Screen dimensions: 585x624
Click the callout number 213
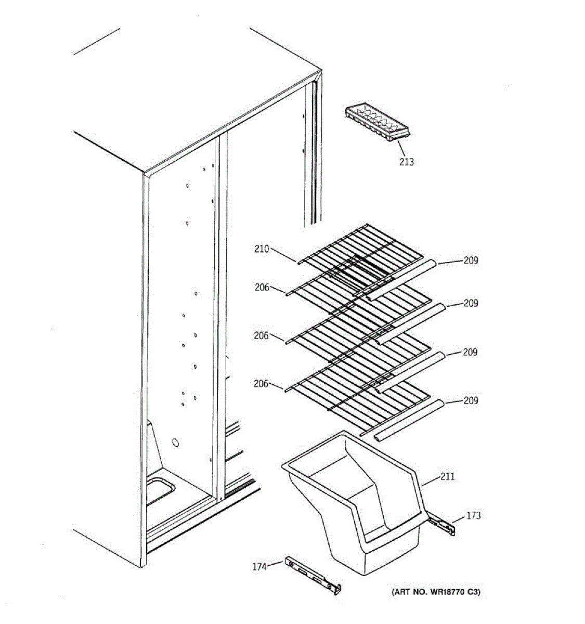(407, 162)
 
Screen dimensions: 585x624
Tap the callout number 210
(262, 249)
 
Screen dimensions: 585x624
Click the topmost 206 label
(262, 287)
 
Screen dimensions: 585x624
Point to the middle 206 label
(261, 335)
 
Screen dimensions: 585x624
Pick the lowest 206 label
(261, 384)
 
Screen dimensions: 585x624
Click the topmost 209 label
(471, 260)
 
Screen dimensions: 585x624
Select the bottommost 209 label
(471, 400)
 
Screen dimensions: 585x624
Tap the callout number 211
(448, 476)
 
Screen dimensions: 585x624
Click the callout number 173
(473, 515)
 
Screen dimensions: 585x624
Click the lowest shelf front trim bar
(408, 420)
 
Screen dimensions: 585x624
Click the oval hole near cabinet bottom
(175, 443)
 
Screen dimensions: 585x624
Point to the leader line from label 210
(283, 255)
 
